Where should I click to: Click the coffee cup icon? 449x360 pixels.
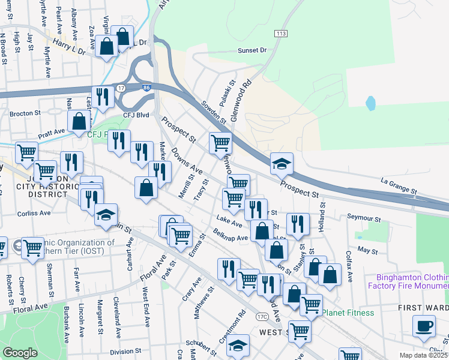click(424, 326)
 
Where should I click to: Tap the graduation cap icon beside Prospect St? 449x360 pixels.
click(281, 163)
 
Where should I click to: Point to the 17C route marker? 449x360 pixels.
click(261, 316)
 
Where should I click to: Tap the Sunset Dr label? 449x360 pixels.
click(251, 51)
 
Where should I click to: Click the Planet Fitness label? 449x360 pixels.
click(348, 313)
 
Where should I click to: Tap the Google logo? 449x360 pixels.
click(20, 352)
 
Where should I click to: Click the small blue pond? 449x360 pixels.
click(370, 103)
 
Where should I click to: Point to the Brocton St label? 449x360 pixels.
click(25, 112)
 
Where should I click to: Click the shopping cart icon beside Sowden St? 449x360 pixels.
click(220, 143)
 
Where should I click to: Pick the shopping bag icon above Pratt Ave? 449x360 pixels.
click(79, 121)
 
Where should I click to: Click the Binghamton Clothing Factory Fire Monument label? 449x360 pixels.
click(412, 282)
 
